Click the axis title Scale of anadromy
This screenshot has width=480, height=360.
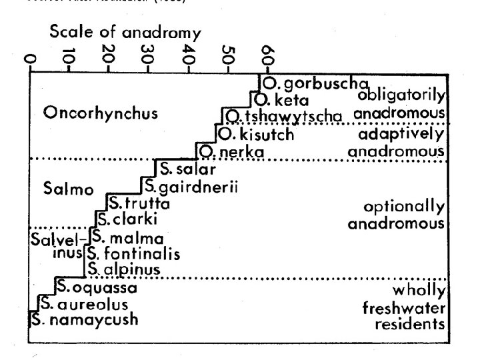(x=125, y=33)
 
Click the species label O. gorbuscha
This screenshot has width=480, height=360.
(x=315, y=84)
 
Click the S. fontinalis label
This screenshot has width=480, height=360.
(x=134, y=254)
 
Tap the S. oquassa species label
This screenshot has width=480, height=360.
(x=97, y=288)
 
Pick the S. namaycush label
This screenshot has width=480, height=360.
(x=85, y=320)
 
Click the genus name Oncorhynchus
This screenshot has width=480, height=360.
(x=101, y=113)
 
